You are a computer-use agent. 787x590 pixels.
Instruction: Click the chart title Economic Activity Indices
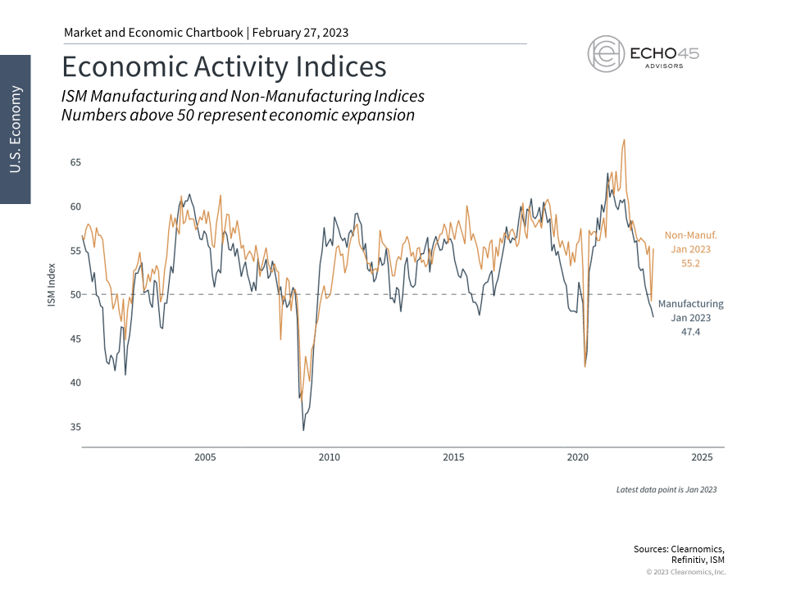(224, 66)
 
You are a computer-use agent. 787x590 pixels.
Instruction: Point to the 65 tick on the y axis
(75, 162)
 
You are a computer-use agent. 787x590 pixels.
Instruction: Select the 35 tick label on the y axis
(75, 427)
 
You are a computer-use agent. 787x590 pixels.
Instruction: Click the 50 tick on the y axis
(75, 295)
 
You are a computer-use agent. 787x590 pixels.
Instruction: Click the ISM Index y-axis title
(52, 286)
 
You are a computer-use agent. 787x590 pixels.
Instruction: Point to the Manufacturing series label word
(690, 304)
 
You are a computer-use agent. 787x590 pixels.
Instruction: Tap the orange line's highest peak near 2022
(625, 140)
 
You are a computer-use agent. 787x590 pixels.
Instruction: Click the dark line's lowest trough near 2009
(303, 429)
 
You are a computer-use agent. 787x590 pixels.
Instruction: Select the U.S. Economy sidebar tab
(16, 129)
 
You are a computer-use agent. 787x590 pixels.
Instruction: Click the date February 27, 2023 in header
(300, 33)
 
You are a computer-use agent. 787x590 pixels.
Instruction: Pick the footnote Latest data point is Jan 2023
(666, 489)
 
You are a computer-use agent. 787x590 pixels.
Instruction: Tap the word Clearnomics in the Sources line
(698, 549)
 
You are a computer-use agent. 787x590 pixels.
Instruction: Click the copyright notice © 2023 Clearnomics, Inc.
(685, 572)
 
